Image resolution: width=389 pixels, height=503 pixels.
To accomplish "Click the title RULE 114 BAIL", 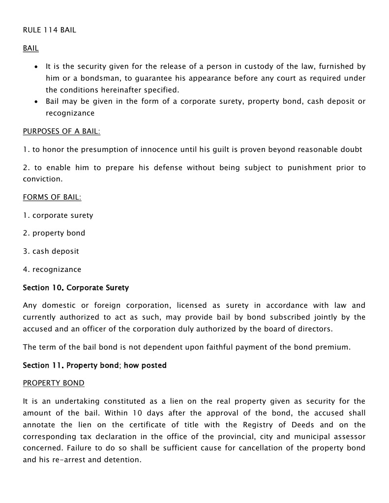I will pyautogui.click(x=49, y=30).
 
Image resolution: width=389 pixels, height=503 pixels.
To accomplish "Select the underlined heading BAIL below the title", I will pyautogui.click(x=30, y=48).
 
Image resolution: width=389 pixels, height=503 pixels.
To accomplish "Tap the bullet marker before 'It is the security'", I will pyautogui.click(x=36, y=66).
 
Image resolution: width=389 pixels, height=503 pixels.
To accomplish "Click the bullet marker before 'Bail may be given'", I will pyautogui.click(x=36, y=102).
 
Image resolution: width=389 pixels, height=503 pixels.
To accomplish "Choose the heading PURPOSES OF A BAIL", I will pyautogui.click(x=61, y=131).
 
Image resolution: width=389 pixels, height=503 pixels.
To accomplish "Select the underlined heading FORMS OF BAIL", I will pyautogui.click(x=52, y=197).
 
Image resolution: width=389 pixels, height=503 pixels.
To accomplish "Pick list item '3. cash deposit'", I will pyautogui.click(x=51, y=251).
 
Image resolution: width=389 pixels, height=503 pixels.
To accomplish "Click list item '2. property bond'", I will pyautogui.click(x=54, y=233).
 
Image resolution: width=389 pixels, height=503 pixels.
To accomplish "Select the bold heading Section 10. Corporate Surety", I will pyautogui.click(x=76, y=287).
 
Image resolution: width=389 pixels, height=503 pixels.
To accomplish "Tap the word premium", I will pyautogui.click(x=333, y=347).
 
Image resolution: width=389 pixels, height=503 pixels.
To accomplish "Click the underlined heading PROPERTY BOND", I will pyautogui.click(x=54, y=383).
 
